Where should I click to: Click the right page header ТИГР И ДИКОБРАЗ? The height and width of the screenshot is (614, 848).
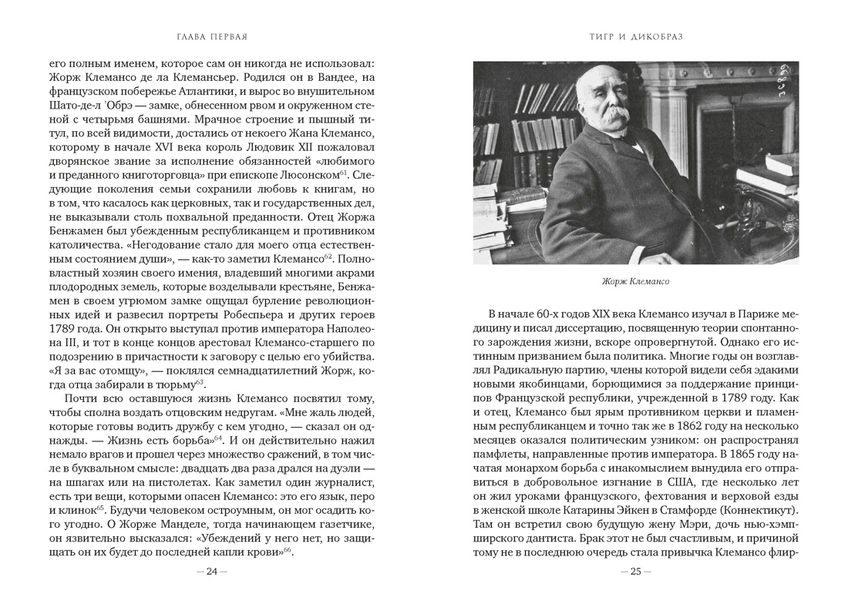point(635,36)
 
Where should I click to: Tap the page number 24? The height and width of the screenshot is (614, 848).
point(212,571)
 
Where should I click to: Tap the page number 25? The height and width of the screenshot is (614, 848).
point(636,571)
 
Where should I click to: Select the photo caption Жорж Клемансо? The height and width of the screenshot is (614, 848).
point(636,281)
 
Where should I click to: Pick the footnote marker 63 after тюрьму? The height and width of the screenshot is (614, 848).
point(200,381)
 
